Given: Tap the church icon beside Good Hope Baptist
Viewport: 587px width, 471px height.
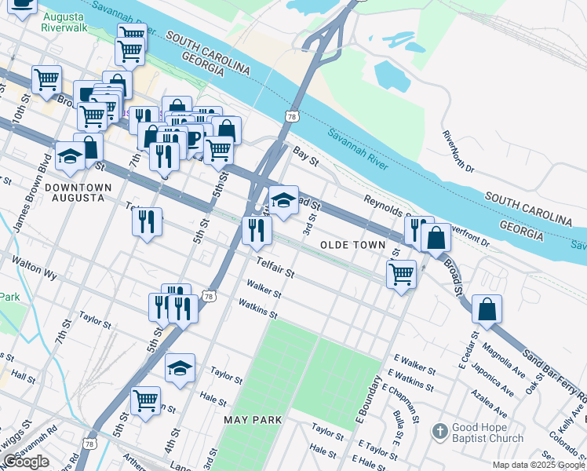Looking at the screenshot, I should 439,431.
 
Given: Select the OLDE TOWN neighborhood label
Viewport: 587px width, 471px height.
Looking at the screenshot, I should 353,245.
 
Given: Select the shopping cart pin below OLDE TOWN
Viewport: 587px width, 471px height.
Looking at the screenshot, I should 401,274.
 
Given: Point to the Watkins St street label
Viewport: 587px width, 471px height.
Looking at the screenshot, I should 258,309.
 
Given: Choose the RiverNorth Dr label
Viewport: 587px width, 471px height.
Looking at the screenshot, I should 459,152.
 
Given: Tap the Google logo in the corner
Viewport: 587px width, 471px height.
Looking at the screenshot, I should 26,462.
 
